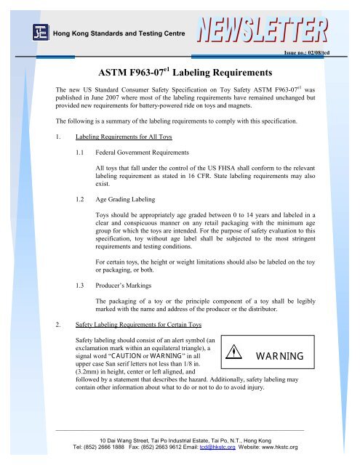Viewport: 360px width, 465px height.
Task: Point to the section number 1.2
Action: click(81, 198)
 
